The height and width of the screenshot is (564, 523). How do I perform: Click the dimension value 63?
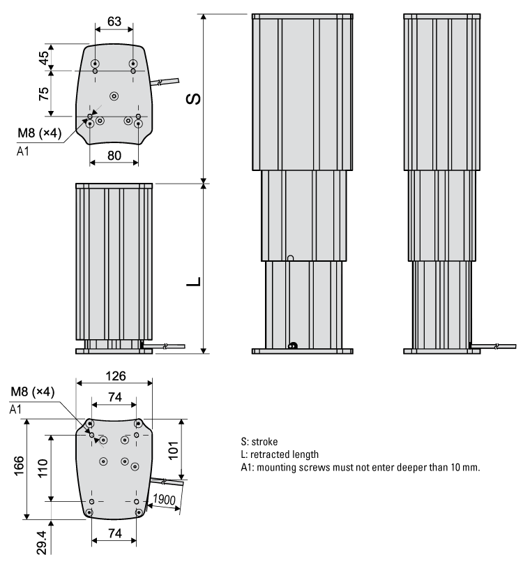tap(114, 22)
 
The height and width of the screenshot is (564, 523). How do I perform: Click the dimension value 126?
tap(114, 376)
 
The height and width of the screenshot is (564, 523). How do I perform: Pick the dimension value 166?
tap(20, 468)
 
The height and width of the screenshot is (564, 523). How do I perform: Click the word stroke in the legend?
tap(266, 442)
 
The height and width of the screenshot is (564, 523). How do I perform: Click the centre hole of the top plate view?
tap(114, 95)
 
